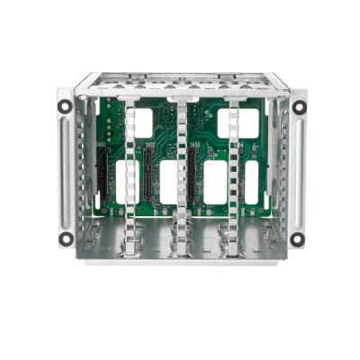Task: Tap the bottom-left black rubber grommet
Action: click(67, 238)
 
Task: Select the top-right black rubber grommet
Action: click(300, 106)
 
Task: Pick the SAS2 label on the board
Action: click(150, 145)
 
